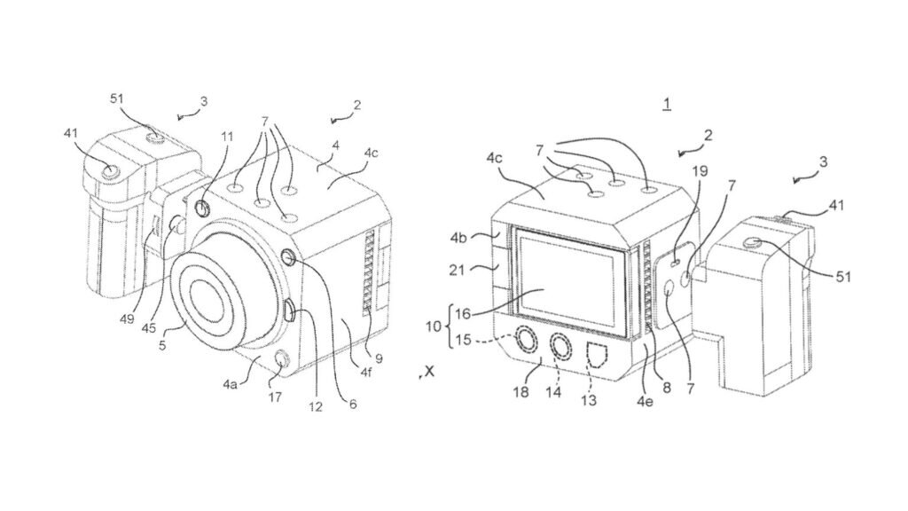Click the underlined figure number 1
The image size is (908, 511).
coord(666,105)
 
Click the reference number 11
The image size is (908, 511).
coord(229,138)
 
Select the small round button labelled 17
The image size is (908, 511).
coord(280,359)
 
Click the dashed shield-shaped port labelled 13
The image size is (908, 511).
coord(596,355)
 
